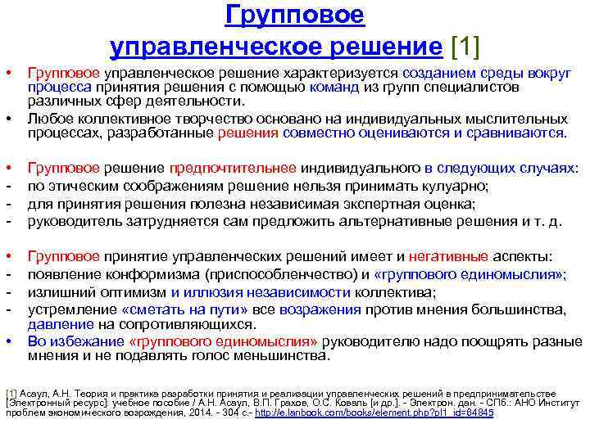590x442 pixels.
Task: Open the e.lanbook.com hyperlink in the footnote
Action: pyautogui.click(x=374, y=413)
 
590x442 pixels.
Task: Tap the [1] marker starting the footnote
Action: pyautogui.click(x=11, y=394)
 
